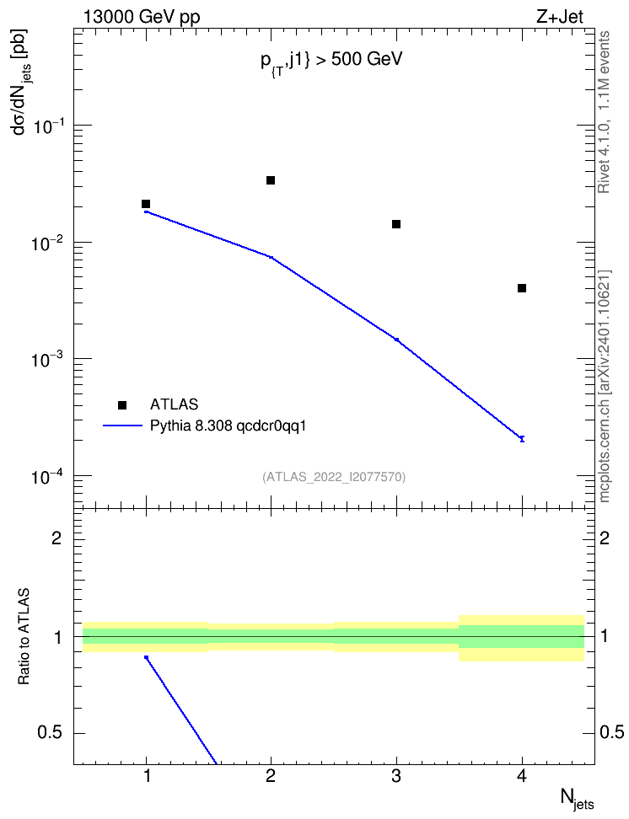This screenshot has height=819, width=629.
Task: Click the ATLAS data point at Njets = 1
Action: (146, 204)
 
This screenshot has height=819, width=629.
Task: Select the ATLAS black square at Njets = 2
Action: (271, 180)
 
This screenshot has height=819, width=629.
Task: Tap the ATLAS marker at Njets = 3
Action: (396, 224)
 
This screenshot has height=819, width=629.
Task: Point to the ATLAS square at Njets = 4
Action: (522, 288)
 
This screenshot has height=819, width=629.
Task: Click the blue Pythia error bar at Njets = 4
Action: (522, 438)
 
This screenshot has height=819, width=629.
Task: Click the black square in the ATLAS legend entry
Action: (122, 404)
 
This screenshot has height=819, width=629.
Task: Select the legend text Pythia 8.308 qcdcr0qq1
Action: (228, 426)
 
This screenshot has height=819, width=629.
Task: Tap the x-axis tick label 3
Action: (396, 776)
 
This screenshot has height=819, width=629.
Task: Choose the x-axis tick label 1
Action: (147, 776)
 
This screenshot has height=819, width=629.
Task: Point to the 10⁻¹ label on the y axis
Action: (48, 126)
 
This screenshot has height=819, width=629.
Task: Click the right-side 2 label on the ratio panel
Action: (605, 538)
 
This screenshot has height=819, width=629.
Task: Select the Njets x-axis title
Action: (578, 799)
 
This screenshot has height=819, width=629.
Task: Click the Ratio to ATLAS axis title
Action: (24, 637)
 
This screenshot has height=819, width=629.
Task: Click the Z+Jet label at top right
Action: (560, 17)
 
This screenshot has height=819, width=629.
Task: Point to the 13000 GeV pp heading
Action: (141, 18)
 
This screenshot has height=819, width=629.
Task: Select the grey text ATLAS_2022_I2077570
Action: (334, 476)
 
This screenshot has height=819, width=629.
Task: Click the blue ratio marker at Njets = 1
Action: (147, 657)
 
